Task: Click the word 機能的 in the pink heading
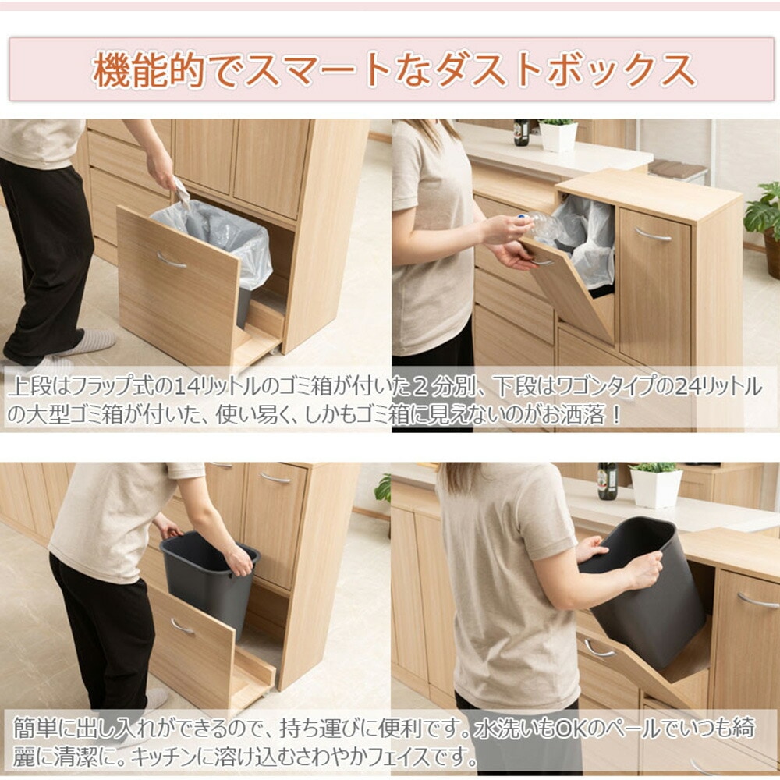(149, 70)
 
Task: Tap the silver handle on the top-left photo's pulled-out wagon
(171, 260)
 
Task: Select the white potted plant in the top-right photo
(558, 135)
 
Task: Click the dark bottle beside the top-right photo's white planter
(521, 132)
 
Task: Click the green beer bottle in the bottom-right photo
(608, 480)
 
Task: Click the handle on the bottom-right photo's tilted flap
(598, 649)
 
